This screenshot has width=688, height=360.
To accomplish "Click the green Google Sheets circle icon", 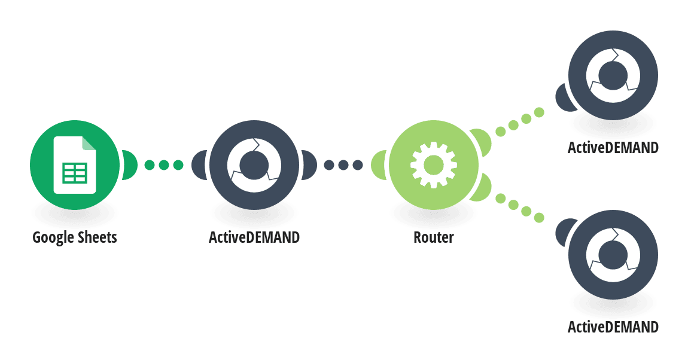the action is pos(75,165).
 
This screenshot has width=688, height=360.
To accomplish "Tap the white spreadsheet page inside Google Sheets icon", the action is pos(75,165).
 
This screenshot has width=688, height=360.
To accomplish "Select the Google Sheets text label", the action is pos(75,237).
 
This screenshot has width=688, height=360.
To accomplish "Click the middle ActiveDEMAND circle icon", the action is pos(254,165).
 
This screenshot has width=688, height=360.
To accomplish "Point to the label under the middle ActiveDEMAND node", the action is pos(254,237).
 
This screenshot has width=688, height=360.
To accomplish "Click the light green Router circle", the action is pos(434,165).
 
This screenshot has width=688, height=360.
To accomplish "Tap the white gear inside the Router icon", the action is pos(434,165).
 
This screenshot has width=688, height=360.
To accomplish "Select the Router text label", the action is pos(434,237).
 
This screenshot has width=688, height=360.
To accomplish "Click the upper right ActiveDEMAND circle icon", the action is pos(613,75).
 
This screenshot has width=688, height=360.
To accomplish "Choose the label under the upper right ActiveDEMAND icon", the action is pos(613,148).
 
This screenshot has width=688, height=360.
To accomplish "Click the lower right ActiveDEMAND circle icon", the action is pos(613,255).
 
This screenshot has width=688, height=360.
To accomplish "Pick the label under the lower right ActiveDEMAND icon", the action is pos(613,327).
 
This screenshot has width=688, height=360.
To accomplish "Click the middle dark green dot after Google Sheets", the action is pos(164,165).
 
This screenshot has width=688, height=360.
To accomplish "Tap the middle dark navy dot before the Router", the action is pos(343,165).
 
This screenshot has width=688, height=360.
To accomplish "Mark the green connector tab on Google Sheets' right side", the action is pos(129,165).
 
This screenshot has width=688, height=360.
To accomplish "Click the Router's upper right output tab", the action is pos(482,142).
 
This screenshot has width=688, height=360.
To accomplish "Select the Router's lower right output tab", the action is pos(482,188).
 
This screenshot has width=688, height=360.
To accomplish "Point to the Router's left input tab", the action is pos(379,165).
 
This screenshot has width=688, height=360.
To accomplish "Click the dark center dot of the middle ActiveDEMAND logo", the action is pos(254,165).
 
